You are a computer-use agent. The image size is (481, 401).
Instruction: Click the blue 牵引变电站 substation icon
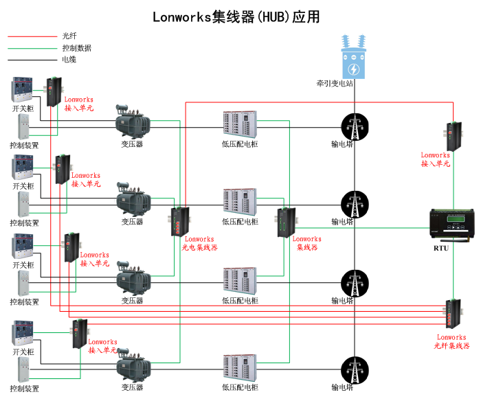pyautogui.click(x=354, y=55)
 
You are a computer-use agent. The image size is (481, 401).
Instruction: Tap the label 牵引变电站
pyautogui.click(x=335, y=84)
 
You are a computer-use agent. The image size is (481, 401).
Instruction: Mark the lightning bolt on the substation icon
pyautogui.click(x=354, y=69)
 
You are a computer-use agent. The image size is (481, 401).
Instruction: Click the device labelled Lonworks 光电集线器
pyautogui.click(x=180, y=220)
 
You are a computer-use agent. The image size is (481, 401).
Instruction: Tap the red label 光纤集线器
pyautogui.click(x=451, y=346)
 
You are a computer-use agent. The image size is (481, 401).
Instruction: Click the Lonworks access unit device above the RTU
pyautogui.click(x=456, y=135)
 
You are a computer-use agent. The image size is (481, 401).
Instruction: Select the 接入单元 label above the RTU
pyautogui.click(x=436, y=163)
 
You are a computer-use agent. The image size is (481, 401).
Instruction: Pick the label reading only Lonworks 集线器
pyautogui.click(x=307, y=243)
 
